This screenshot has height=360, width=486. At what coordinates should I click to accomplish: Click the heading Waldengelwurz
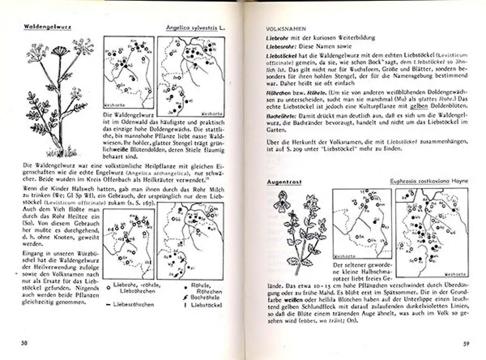pos(45,27)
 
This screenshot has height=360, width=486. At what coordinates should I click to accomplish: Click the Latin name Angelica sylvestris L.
pos(195,28)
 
